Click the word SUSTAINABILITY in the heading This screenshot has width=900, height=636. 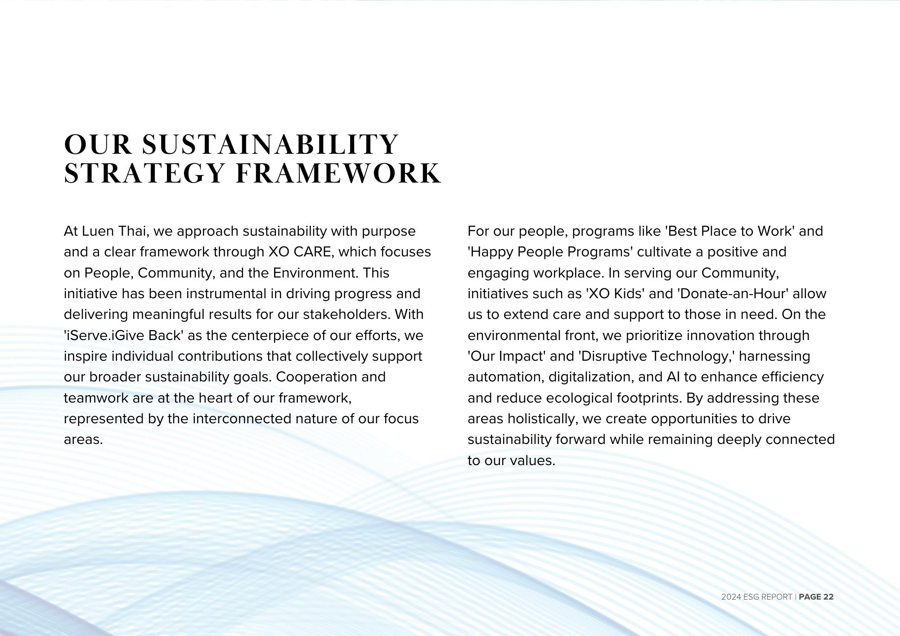tap(270, 144)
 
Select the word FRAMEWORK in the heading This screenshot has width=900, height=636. tap(338, 174)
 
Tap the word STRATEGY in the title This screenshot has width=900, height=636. tap(144, 174)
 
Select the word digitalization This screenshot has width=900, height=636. tap(591, 377)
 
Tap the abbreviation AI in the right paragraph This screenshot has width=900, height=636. tap(673, 377)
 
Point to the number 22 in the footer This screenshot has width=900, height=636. tap(828, 597)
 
